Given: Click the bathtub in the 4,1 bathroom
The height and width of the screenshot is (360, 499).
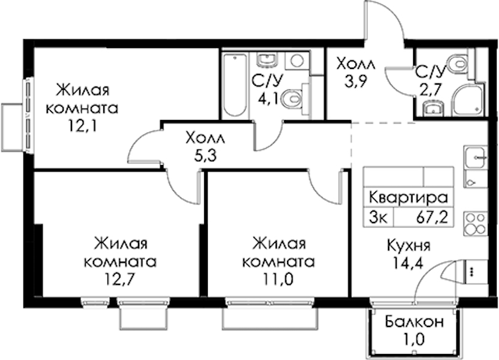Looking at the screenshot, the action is tap(235, 85).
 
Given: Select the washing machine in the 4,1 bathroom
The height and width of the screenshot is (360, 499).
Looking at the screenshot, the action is tap(297, 61).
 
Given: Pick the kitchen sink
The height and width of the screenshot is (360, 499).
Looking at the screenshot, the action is tap(476, 157).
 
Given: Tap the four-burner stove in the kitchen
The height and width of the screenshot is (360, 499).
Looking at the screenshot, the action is tap(476, 224).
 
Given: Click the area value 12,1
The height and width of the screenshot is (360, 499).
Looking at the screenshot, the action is tap(81, 126).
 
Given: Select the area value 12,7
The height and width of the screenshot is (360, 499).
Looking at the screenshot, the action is tap(120, 279).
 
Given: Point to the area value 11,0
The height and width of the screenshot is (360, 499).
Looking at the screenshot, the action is tap(278, 279).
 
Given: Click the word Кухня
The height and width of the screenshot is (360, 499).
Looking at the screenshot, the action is tap(408, 246).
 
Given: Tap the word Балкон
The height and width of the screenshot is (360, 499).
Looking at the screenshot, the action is tap(414, 322).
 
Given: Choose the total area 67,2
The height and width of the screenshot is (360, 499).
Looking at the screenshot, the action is tap(432, 218).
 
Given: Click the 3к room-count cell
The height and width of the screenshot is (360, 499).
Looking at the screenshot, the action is tap(378, 218).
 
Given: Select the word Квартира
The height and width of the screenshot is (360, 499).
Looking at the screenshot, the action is tap(408, 197).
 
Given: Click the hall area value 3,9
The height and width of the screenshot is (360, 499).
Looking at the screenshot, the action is tap(356, 81).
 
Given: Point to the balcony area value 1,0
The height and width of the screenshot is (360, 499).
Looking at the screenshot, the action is tap(414, 340).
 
